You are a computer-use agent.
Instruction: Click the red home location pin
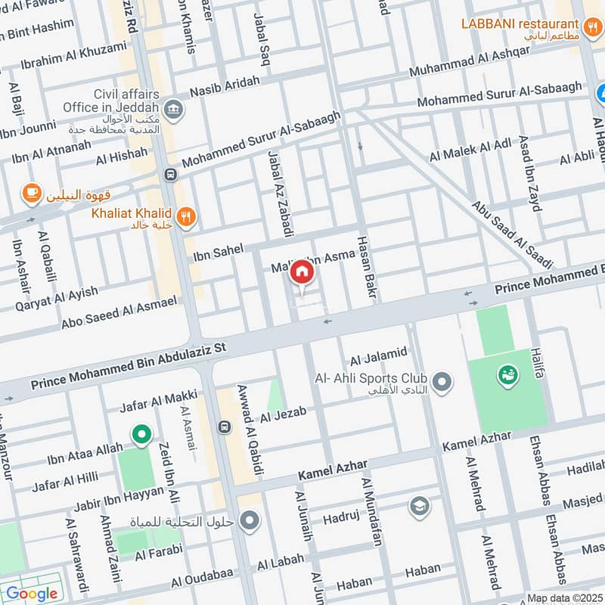301,271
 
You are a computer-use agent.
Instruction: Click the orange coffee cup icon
31,194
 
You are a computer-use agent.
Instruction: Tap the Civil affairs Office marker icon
174,110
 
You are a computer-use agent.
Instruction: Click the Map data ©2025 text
563,597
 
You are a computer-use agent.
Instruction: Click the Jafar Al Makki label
159,400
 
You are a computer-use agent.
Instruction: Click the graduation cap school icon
419,506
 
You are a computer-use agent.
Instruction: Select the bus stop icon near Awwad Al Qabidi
224,427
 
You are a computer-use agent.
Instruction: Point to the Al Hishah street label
122,156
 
